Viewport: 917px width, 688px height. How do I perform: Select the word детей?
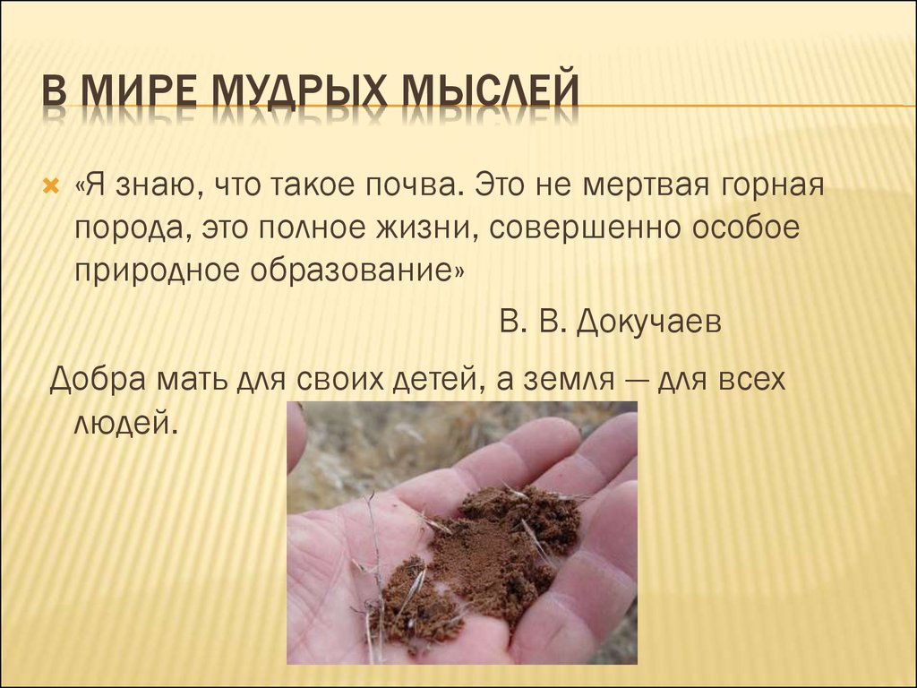[x=433, y=379]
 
